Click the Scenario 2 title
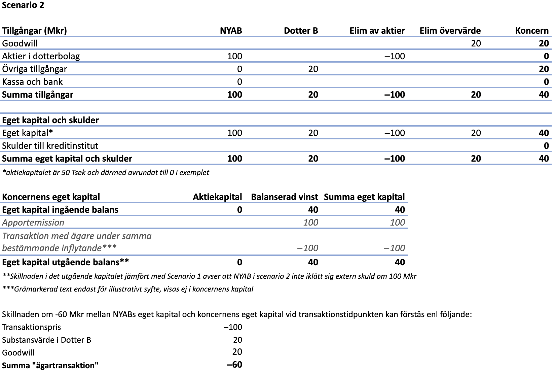click(23, 5)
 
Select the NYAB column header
click(231, 31)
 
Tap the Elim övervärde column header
click(450, 31)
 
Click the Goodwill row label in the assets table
click(20, 43)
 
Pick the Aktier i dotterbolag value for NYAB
click(234, 56)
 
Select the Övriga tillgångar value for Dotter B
click(313, 69)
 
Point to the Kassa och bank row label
click(32, 82)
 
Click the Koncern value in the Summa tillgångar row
click(544, 95)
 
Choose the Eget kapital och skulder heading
click(50, 120)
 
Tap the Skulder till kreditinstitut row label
click(50, 146)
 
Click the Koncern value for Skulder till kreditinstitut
click(546, 146)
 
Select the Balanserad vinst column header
click(284, 197)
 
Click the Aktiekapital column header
click(217, 197)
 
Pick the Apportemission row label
click(33, 223)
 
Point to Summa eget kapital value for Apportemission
click(397, 223)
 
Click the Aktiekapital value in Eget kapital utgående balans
click(239, 262)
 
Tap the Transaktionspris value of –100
click(233, 327)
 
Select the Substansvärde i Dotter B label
click(46, 340)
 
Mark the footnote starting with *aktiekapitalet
click(105, 173)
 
